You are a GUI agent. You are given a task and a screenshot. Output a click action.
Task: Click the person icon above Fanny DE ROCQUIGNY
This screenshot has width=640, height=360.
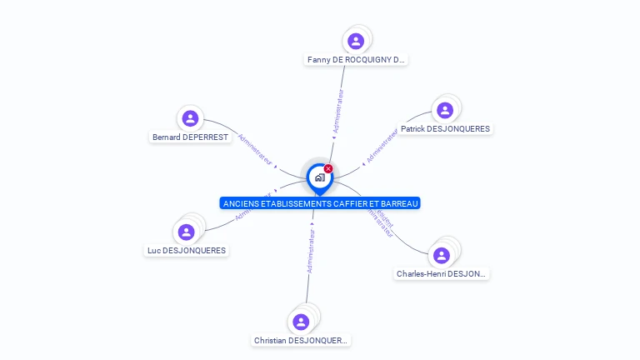pyautogui.click(x=356, y=41)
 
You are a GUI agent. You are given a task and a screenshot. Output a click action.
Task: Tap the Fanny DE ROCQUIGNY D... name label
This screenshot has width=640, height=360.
pyautogui.click(x=356, y=60)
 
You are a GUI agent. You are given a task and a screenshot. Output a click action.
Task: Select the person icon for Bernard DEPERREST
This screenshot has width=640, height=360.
pyautogui.click(x=190, y=118)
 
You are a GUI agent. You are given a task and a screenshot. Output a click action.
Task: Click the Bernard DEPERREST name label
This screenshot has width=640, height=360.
pyautogui.click(x=190, y=137)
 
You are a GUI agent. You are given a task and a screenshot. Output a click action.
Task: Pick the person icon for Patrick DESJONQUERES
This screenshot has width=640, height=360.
pyautogui.click(x=445, y=110)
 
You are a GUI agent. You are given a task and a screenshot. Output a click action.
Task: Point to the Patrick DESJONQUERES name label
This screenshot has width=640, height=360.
pyautogui.click(x=445, y=129)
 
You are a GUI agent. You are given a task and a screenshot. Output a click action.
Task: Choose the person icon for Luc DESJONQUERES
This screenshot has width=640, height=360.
pyautogui.click(x=187, y=232)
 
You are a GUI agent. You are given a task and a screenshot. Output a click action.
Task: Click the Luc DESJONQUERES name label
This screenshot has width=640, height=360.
pyautogui.click(x=187, y=250)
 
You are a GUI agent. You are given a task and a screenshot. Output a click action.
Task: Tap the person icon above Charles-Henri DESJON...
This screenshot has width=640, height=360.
pyautogui.click(x=442, y=255)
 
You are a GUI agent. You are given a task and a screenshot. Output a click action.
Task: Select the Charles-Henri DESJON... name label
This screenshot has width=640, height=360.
pyautogui.click(x=442, y=273)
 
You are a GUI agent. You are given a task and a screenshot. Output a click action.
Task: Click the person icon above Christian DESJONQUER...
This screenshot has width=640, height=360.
pyautogui.click(x=301, y=322)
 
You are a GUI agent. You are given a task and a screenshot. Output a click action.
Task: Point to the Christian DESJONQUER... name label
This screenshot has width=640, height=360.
pyautogui.click(x=302, y=340)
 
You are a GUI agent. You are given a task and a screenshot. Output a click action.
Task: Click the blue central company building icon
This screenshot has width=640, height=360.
pyautogui.click(x=319, y=177)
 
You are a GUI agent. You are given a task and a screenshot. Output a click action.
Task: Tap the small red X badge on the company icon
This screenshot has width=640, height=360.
pyautogui.click(x=328, y=168)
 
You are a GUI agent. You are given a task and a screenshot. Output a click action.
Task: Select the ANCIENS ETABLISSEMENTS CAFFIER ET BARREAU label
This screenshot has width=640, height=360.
pyautogui.click(x=320, y=203)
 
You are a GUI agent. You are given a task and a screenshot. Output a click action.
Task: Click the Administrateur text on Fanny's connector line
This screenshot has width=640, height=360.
pyautogui.click(x=338, y=112)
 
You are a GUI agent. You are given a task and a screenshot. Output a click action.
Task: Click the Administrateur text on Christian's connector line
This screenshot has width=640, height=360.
pyautogui.click(x=311, y=252)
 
